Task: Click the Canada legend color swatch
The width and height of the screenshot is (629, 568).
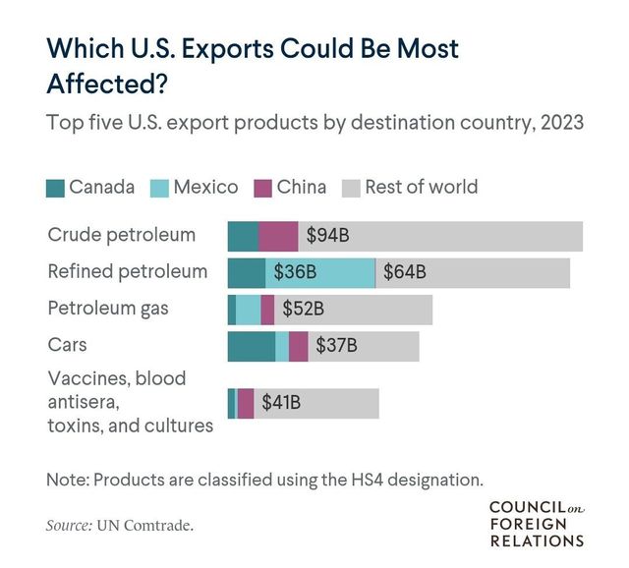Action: [x=55, y=188]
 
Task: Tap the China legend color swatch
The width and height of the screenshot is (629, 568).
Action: [x=262, y=188]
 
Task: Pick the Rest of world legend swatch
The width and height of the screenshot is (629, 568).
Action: [x=351, y=188]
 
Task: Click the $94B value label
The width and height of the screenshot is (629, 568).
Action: [x=328, y=236]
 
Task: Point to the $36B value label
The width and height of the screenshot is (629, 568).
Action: [x=294, y=272]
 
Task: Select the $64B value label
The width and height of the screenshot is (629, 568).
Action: [x=405, y=272]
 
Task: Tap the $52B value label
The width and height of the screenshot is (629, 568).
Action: [x=303, y=310]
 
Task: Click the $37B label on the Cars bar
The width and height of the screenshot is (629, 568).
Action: [x=336, y=346]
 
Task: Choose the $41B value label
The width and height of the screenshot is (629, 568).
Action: [x=281, y=402]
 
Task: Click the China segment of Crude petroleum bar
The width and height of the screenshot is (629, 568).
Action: [x=278, y=236]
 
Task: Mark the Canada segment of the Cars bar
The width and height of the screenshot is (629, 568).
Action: [x=251, y=346]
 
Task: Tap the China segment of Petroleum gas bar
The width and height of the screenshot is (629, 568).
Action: [x=267, y=310]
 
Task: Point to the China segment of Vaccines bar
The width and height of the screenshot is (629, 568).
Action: [x=246, y=402]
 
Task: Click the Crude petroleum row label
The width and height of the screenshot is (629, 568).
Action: [x=122, y=235]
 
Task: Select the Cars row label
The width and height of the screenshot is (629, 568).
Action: [x=68, y=344]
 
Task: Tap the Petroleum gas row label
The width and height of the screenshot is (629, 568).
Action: [x=108, y=308]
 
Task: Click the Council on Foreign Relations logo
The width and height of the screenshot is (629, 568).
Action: [x=536, y=522]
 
